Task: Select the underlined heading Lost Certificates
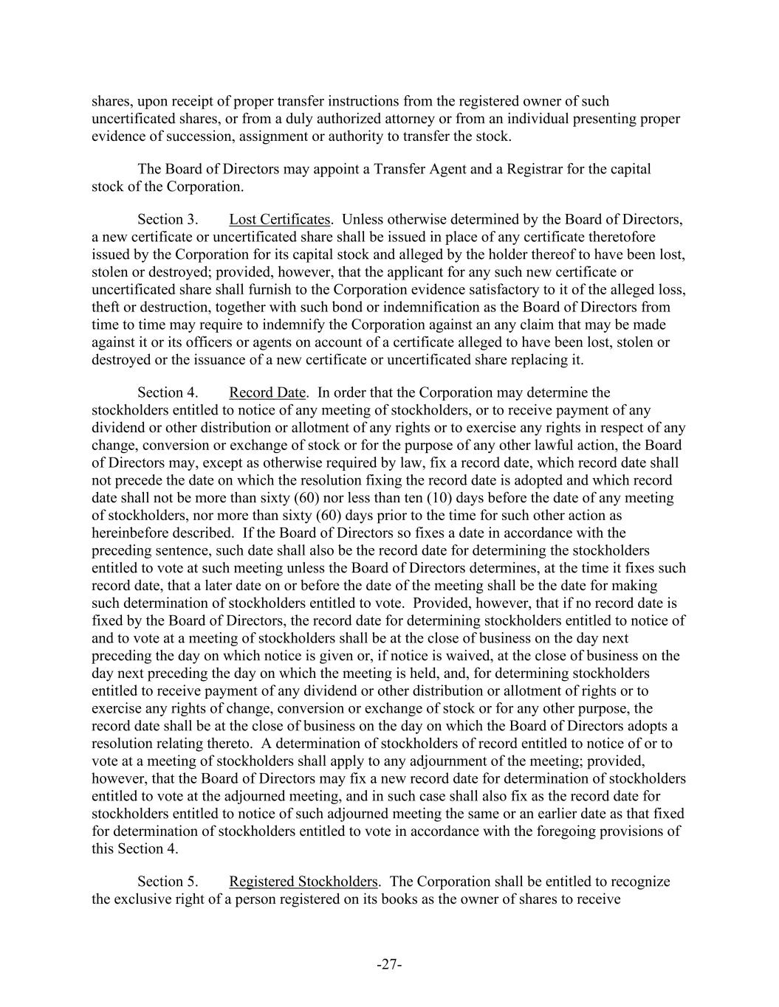tap(279, 219)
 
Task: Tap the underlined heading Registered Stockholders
tap(303, 882)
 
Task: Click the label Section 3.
tap(168, 219)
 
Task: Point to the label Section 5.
tap(168, 882)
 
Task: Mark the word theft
tap(105, 307)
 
